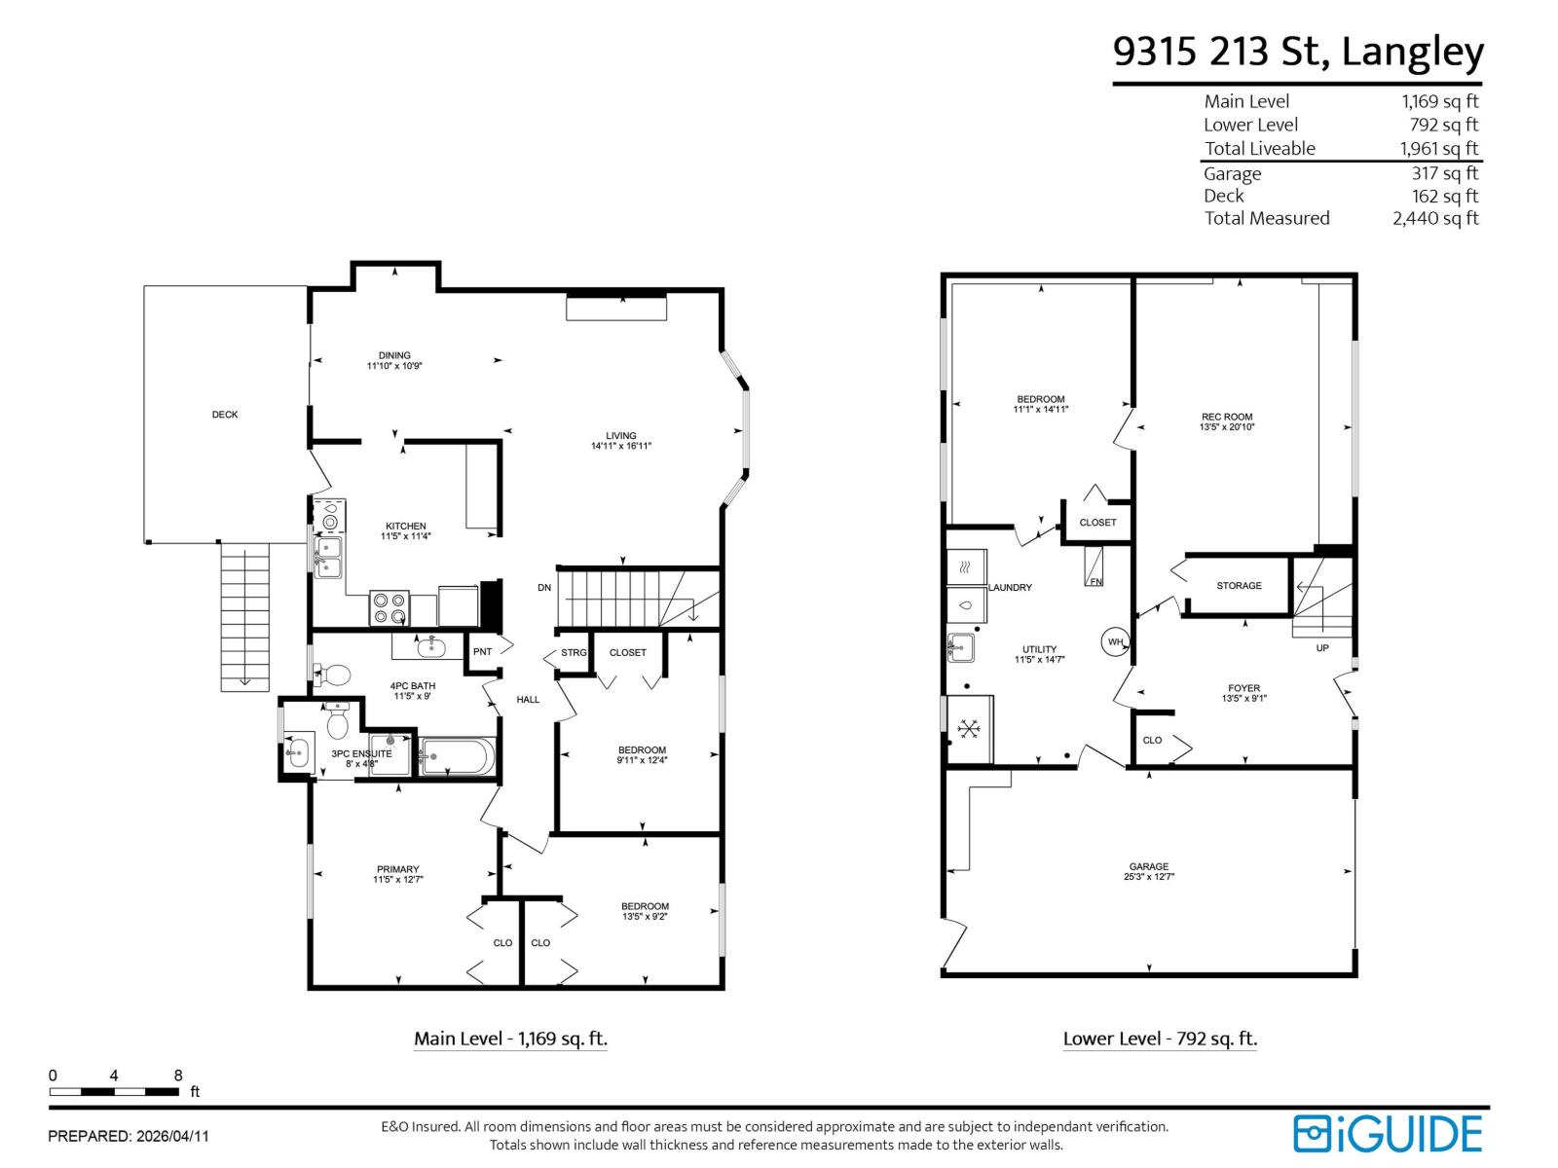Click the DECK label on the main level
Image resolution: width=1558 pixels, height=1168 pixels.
225,415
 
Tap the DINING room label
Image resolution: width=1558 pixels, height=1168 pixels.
394,355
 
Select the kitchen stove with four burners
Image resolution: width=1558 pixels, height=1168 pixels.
389,608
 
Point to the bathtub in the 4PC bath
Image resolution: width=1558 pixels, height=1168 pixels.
459,757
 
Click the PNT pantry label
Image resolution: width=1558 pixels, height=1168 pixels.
482,652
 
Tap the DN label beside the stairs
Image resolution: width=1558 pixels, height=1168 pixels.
544,588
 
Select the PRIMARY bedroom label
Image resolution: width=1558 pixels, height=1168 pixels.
397,869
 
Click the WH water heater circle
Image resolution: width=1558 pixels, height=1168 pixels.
1115,642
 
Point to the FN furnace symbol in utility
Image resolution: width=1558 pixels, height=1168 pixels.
1094,566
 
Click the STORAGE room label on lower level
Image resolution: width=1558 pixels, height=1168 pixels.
1239,586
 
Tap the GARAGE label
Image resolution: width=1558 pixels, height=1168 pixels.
1149,866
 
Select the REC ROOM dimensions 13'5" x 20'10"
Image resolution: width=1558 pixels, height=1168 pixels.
1227,427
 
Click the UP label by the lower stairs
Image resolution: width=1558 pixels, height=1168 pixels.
1322,648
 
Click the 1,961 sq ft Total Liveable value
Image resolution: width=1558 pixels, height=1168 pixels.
1439,149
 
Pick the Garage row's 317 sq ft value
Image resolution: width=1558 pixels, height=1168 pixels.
1445,173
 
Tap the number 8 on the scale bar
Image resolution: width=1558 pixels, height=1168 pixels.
178,1076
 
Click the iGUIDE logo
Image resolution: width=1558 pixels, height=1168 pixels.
1388,1134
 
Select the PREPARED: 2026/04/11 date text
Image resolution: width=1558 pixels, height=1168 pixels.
129,1136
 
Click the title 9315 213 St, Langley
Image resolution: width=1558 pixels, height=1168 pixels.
1298,52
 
